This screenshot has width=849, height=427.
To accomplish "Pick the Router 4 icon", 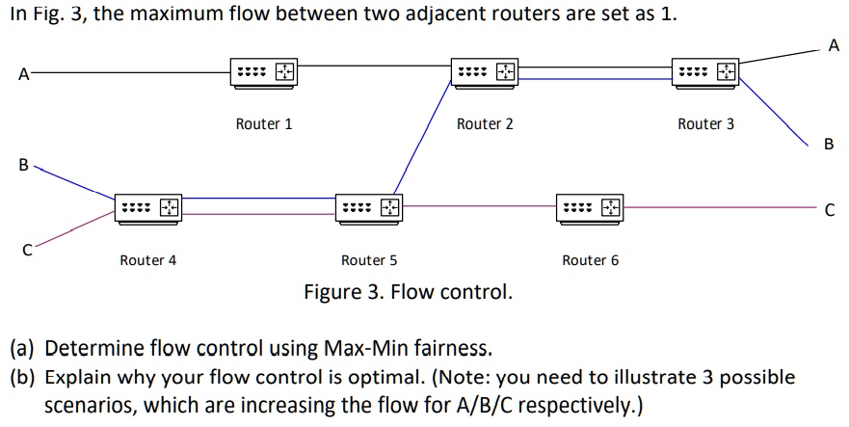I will click(x=147, y=207).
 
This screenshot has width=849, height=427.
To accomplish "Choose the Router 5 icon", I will click(x=369, y=207).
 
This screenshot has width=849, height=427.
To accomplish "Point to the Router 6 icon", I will click(x=590, y=207).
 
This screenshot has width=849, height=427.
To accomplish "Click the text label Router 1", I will click(x=263, y=124).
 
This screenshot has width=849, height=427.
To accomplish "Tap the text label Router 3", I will click(x=705, y=124).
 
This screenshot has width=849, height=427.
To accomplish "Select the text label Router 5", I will click(x=369, y=260).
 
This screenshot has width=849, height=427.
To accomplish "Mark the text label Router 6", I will click(x=590, y=260).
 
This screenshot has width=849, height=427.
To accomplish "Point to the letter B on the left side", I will click(x=22, y=165).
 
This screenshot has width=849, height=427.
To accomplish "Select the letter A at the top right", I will click(x=834, y=45).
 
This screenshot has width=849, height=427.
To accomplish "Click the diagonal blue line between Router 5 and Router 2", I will click(x=421, y=140).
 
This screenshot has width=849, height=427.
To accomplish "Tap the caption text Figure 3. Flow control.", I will click(x=408, y=291).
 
